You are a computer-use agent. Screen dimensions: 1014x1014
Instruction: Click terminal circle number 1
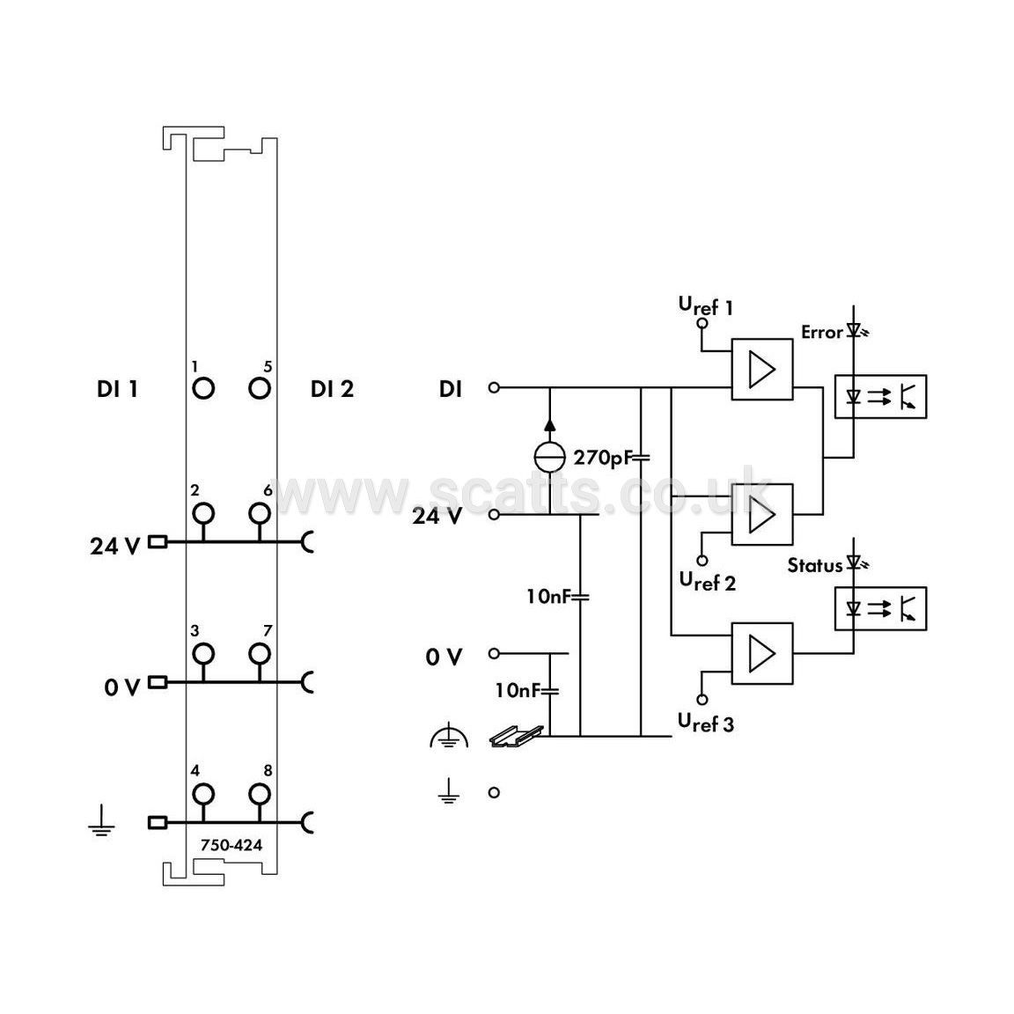click(x=203, y=389)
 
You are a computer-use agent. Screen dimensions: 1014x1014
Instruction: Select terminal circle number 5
click(x=260, y=389)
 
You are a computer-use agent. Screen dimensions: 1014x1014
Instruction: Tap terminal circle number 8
click(x=260, y=793)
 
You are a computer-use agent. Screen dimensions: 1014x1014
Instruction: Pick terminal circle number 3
click(x=203, y=653)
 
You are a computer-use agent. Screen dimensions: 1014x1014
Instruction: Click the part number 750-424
click(x=231, y=845)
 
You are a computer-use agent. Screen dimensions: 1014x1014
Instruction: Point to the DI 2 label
click(x=333, y=389)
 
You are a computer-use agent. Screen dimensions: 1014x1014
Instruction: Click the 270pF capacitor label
click(x=601, y=458)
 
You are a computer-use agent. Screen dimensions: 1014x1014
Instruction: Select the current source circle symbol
click(x=549, y=458)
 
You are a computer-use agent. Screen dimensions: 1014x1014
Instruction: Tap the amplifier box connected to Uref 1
click(x=761, y=370)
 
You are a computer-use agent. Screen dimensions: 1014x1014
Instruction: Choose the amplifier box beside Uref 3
click(x=761, y=653)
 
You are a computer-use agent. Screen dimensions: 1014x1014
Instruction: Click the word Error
click(x=822, y=333)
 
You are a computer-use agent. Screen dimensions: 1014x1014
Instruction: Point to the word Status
click(x=815, y=566)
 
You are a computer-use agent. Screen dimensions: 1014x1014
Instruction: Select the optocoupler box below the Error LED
click(x=881, y=396)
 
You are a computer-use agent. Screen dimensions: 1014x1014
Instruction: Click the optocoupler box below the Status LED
click(x=881, y=608)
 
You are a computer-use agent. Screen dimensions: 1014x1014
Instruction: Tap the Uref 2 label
click(x=708, y=582)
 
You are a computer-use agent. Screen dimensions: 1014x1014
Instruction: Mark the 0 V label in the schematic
click(x=444, y=658)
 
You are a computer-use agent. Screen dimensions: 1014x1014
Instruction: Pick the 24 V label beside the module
click(x=115, y=547)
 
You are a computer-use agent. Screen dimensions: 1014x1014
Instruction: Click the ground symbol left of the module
click(x=101, y=822)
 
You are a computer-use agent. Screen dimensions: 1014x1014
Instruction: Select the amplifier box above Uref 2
click(x=761, y=515)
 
